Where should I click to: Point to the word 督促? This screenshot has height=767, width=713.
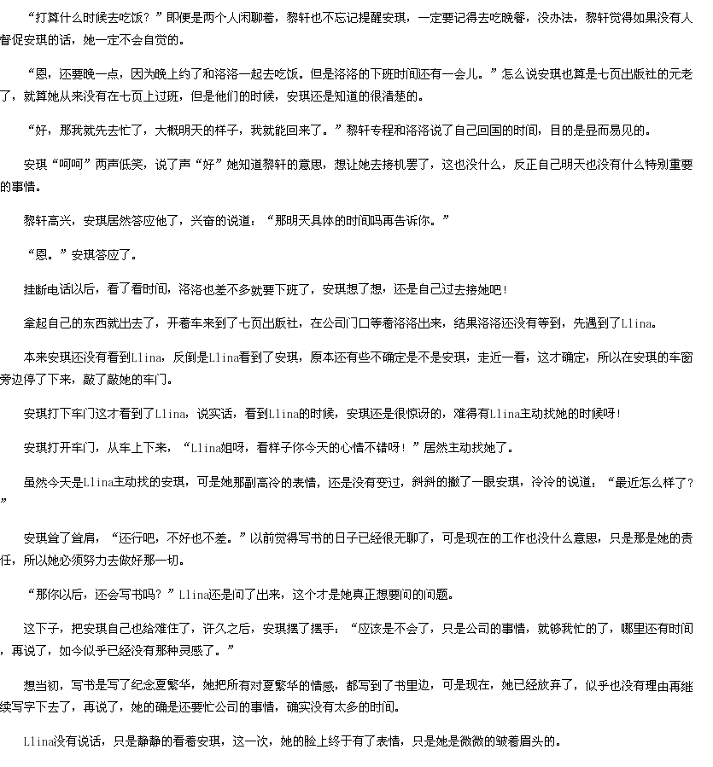point(12,40)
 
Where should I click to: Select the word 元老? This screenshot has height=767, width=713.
point(681,74)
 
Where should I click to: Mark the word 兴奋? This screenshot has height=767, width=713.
point(203,221)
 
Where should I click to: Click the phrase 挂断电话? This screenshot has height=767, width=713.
point(48,289)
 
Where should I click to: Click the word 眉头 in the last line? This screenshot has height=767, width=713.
point(532,741)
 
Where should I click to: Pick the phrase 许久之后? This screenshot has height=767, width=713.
point(227,629)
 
